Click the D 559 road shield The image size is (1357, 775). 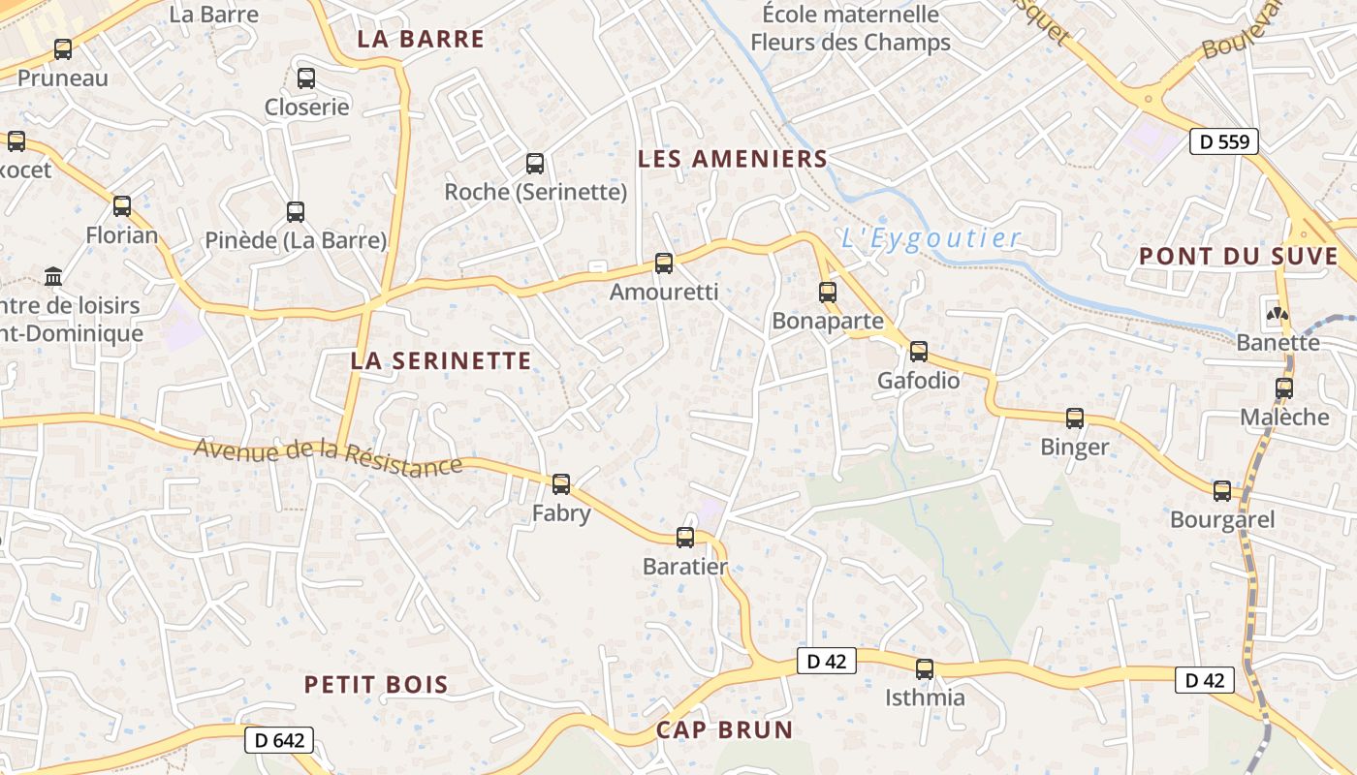point(1224,141)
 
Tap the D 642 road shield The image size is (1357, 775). point(279,741)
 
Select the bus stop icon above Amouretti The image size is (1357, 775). point(664,263)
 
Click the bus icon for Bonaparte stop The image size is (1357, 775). point(828,292)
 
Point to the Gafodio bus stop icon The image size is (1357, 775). point(919,352)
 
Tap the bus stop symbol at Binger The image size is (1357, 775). point(1075,418)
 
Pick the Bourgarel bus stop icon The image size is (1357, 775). point(1222,491)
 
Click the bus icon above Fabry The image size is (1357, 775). point(561,484)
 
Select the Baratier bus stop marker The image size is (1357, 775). point(685,538)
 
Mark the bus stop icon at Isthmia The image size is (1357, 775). point(925,669)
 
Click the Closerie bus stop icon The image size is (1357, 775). point(306,78)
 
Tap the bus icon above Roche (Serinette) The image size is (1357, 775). point(535,164)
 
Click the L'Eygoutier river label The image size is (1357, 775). point(931,238)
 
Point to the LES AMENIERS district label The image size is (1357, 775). point(733,159)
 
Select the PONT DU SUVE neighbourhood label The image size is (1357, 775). point(1238,257)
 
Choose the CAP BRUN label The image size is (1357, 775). point(724,730)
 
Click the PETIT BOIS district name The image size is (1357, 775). point(376,685)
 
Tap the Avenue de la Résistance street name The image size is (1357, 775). point(328,457)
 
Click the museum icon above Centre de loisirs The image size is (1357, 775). point(53,277)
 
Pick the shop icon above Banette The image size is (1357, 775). point(1278,314)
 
